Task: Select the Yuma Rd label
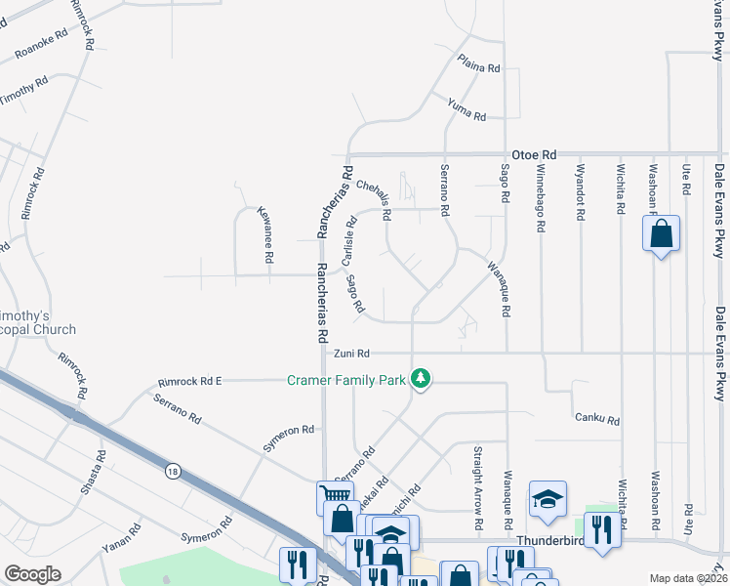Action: coord(466,109)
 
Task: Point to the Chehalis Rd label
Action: coord(374,199)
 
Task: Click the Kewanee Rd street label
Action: coord(263,234)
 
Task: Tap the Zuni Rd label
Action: coord(352,354)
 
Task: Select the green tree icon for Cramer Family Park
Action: coord(421,378)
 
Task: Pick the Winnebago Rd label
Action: coord(540,198)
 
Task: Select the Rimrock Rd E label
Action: coord(190,382)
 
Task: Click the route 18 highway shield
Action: coord(173,472)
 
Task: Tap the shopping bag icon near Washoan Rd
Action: coord(662,234)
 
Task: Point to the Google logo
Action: coord(32,574)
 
